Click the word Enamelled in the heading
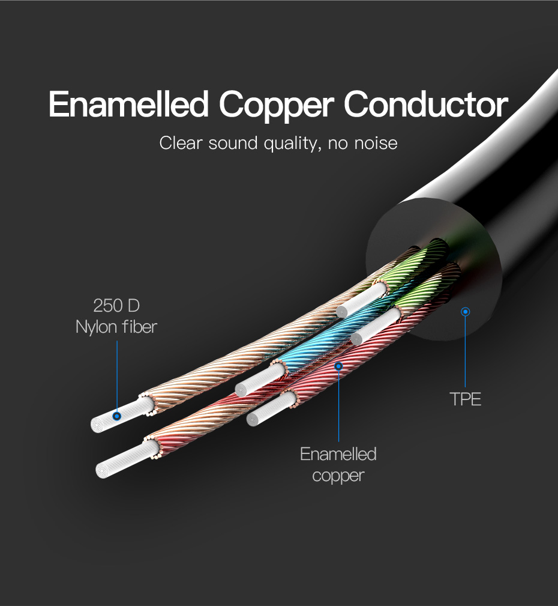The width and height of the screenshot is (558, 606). coord(128,104)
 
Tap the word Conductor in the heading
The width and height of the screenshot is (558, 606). coord(426,104)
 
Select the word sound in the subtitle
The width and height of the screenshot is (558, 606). coord(233,143)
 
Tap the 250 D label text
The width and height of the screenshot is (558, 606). coord(116,305)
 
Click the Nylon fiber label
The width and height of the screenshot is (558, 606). coord(116,327)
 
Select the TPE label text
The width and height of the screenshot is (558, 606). coord(466,399)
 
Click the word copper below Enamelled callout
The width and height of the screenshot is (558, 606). coord(338,476)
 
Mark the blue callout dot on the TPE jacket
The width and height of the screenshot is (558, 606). coord(466,312)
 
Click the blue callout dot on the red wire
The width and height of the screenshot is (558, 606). coord(338,366)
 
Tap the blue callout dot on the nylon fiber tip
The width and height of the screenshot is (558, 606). coord(117,416)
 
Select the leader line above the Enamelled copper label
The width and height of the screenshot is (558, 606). coord(338,406)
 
